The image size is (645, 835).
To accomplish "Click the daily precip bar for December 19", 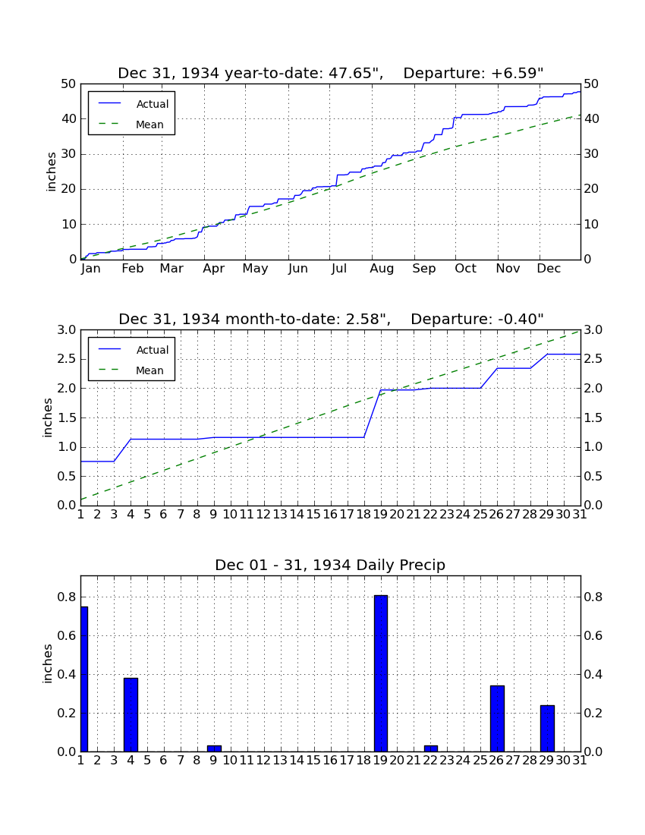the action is click(x=380, y=673).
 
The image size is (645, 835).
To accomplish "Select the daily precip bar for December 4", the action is click(x=131, y=714).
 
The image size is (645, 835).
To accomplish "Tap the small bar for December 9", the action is click(x=214, y=748).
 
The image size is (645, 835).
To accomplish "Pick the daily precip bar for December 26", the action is click(x=497, y=718).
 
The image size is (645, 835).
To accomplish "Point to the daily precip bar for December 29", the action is click(x=547, y=728).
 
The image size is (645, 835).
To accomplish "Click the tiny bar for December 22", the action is click(x=430, y=748).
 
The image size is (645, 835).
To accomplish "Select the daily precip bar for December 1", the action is click(x=84, y=679).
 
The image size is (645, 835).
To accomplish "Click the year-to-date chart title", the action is click(x=331, y=73).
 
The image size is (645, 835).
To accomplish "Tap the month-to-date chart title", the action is click(x=331, y=319).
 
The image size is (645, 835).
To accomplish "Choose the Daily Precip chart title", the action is click(x=330, y=565).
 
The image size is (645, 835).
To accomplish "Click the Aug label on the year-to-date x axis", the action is click(x=382, y=269).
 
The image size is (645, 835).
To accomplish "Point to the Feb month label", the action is click(x=133, y=269).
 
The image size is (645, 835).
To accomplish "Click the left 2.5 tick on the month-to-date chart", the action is click(x=67, y=360).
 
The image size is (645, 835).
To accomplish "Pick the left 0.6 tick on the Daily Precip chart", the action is click(x=67, y=636).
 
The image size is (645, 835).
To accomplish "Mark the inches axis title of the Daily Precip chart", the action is click(x=48, y=663).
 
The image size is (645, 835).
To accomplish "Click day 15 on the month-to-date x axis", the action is click(x=313, y=515).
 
